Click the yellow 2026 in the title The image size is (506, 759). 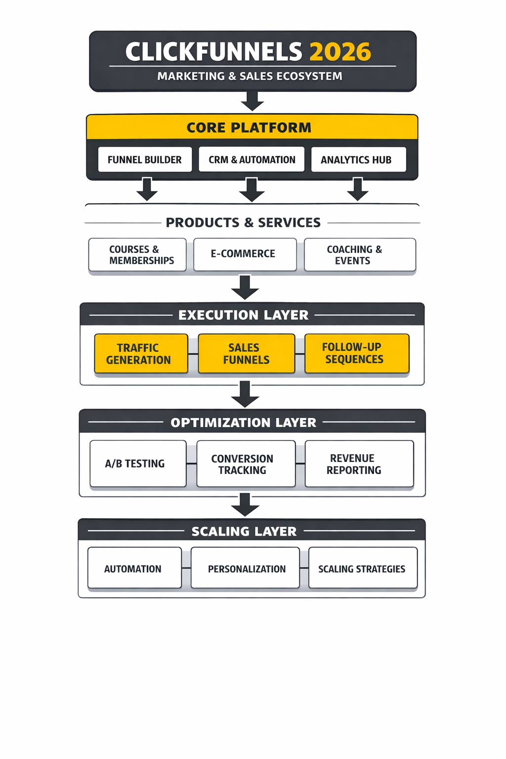(340, 52)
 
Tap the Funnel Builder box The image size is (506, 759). (145, 160)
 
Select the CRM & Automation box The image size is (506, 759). (252, 160)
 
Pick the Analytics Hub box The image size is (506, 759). (358, 160)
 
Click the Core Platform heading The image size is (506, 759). (249, 127)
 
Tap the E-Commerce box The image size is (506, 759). (245, 254)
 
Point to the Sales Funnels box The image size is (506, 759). (246, 353)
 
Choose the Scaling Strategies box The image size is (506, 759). (363, 568)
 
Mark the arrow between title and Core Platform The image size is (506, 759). (253, 101)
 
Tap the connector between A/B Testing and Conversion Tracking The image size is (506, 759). (192, 464)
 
